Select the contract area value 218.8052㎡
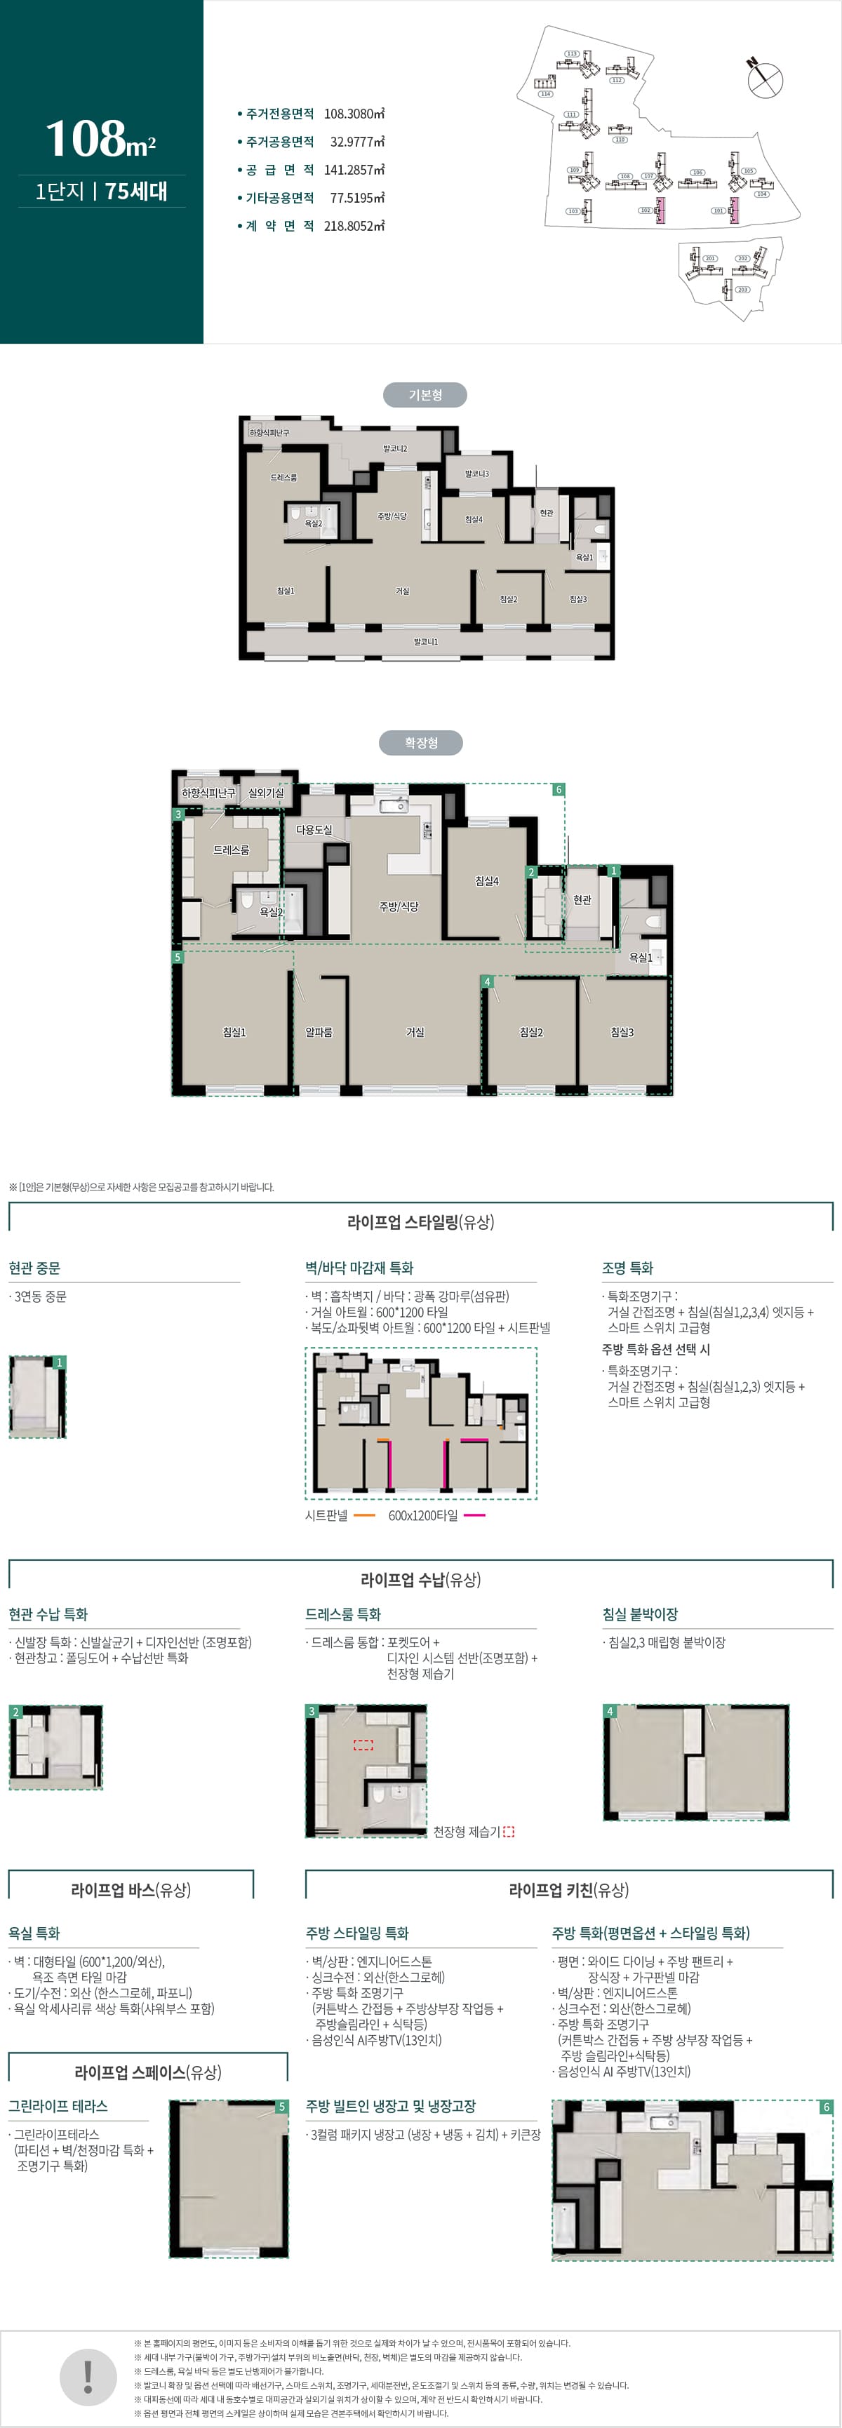click(354, 226)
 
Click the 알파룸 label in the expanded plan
click(319, 1032)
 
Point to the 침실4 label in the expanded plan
click(486, 881)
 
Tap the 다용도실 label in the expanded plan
click(314, 829)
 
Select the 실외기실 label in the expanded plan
click(266, 793)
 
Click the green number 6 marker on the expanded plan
click(559, 790)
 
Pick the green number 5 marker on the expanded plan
click(178, 957)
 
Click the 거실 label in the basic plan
click(403, 591)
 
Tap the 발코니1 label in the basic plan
click(425, 642)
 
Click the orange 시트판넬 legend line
click(364, 1515)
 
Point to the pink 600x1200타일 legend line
click(474, 1515)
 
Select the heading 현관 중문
click(35, 1268)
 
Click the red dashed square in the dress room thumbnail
click(363, 1745)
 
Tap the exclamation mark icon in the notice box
click(88, 2376)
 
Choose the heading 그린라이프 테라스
click(58, 2106)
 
